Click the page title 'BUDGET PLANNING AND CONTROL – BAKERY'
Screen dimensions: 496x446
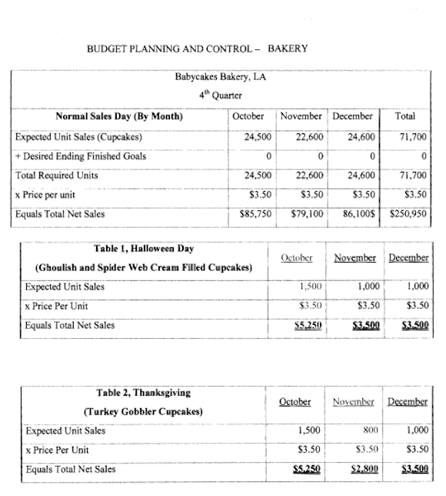point(198,49)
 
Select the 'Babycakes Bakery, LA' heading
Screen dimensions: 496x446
point(221,77)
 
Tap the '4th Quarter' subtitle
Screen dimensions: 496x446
point(222,96)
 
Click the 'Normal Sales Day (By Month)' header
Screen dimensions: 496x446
point(119,116)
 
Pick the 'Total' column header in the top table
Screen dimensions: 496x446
point(405,116)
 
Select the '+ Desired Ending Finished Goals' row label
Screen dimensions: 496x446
point(81,156)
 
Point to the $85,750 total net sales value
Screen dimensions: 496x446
point(254,213)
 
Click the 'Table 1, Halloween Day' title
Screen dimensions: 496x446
point(144,249)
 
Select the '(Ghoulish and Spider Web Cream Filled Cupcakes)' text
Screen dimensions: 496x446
point(144,268)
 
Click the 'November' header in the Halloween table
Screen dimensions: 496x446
point(355,258)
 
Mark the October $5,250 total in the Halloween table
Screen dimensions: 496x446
point(306,326)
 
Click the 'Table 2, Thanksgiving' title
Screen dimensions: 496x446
point(144,392)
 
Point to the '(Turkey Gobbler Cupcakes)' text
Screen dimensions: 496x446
point(144,411)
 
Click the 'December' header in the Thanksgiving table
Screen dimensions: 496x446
point(408,401)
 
